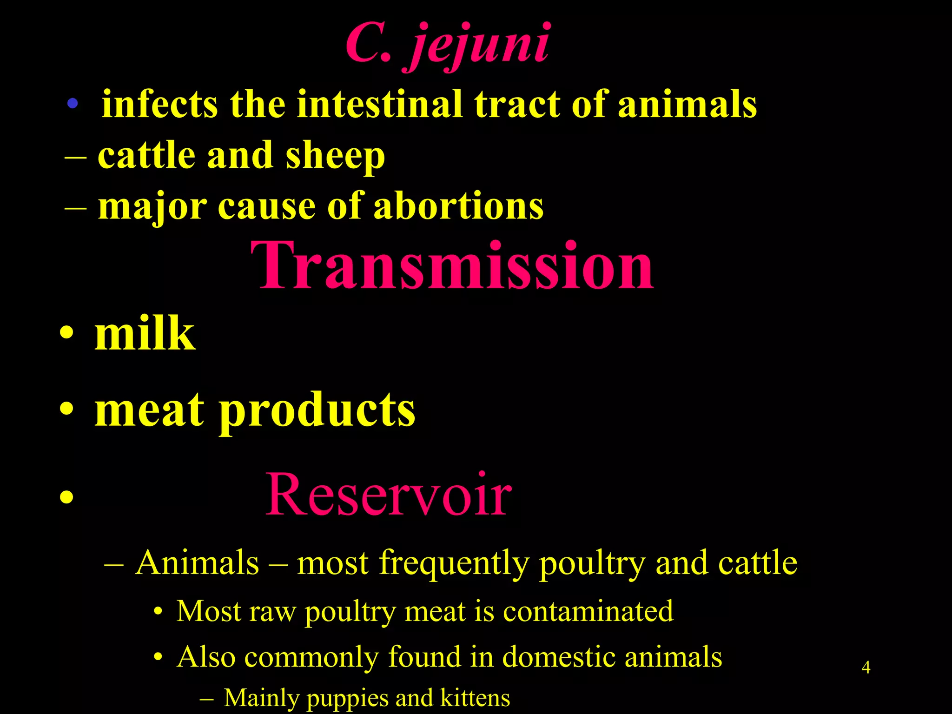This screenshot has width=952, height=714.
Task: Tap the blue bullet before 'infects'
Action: tap(72, 103)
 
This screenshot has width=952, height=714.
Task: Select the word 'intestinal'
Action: tap(380, 104)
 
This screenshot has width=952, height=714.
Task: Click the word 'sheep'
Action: tap(335, 156)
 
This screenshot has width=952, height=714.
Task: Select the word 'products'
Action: tap(317, 410)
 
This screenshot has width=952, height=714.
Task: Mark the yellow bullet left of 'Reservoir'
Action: tap(66, 497)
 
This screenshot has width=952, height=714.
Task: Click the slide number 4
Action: tap(866, 668)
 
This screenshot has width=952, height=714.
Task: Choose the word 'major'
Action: tap(152, 207)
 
